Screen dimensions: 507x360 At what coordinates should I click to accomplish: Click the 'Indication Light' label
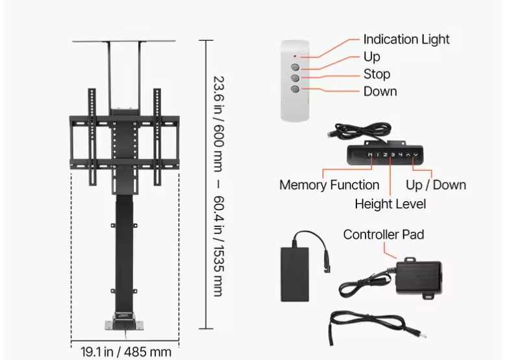(406, 40)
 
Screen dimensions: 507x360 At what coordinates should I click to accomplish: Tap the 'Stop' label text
(377, 74)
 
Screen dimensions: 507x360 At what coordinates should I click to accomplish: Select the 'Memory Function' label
(329, 185)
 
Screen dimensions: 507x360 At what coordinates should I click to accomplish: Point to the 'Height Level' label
(390, 204)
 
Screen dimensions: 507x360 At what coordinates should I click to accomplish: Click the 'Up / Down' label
(436, 185)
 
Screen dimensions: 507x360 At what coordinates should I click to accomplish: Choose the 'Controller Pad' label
(384, 235)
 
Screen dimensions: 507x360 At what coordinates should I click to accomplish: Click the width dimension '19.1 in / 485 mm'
(125, 352)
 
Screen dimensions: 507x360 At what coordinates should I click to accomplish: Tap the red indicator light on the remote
(295, 56)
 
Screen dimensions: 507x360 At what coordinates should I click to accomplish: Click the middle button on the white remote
(295, 78)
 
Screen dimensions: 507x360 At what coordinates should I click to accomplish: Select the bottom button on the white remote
(295, 89)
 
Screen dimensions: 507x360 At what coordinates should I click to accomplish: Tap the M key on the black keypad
(370, 155)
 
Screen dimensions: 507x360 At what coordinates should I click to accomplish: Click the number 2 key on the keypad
(385, 155)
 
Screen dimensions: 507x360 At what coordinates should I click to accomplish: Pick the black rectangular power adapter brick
(295, 274)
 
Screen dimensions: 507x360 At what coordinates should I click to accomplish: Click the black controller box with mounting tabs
(419, 277)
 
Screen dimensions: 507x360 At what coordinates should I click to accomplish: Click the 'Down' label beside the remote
(380, 91)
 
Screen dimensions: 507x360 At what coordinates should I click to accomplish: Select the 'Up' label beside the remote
(371, 57)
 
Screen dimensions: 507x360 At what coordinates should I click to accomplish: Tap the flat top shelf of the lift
(124, 41)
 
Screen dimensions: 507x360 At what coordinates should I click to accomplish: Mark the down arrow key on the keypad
(416, 155)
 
